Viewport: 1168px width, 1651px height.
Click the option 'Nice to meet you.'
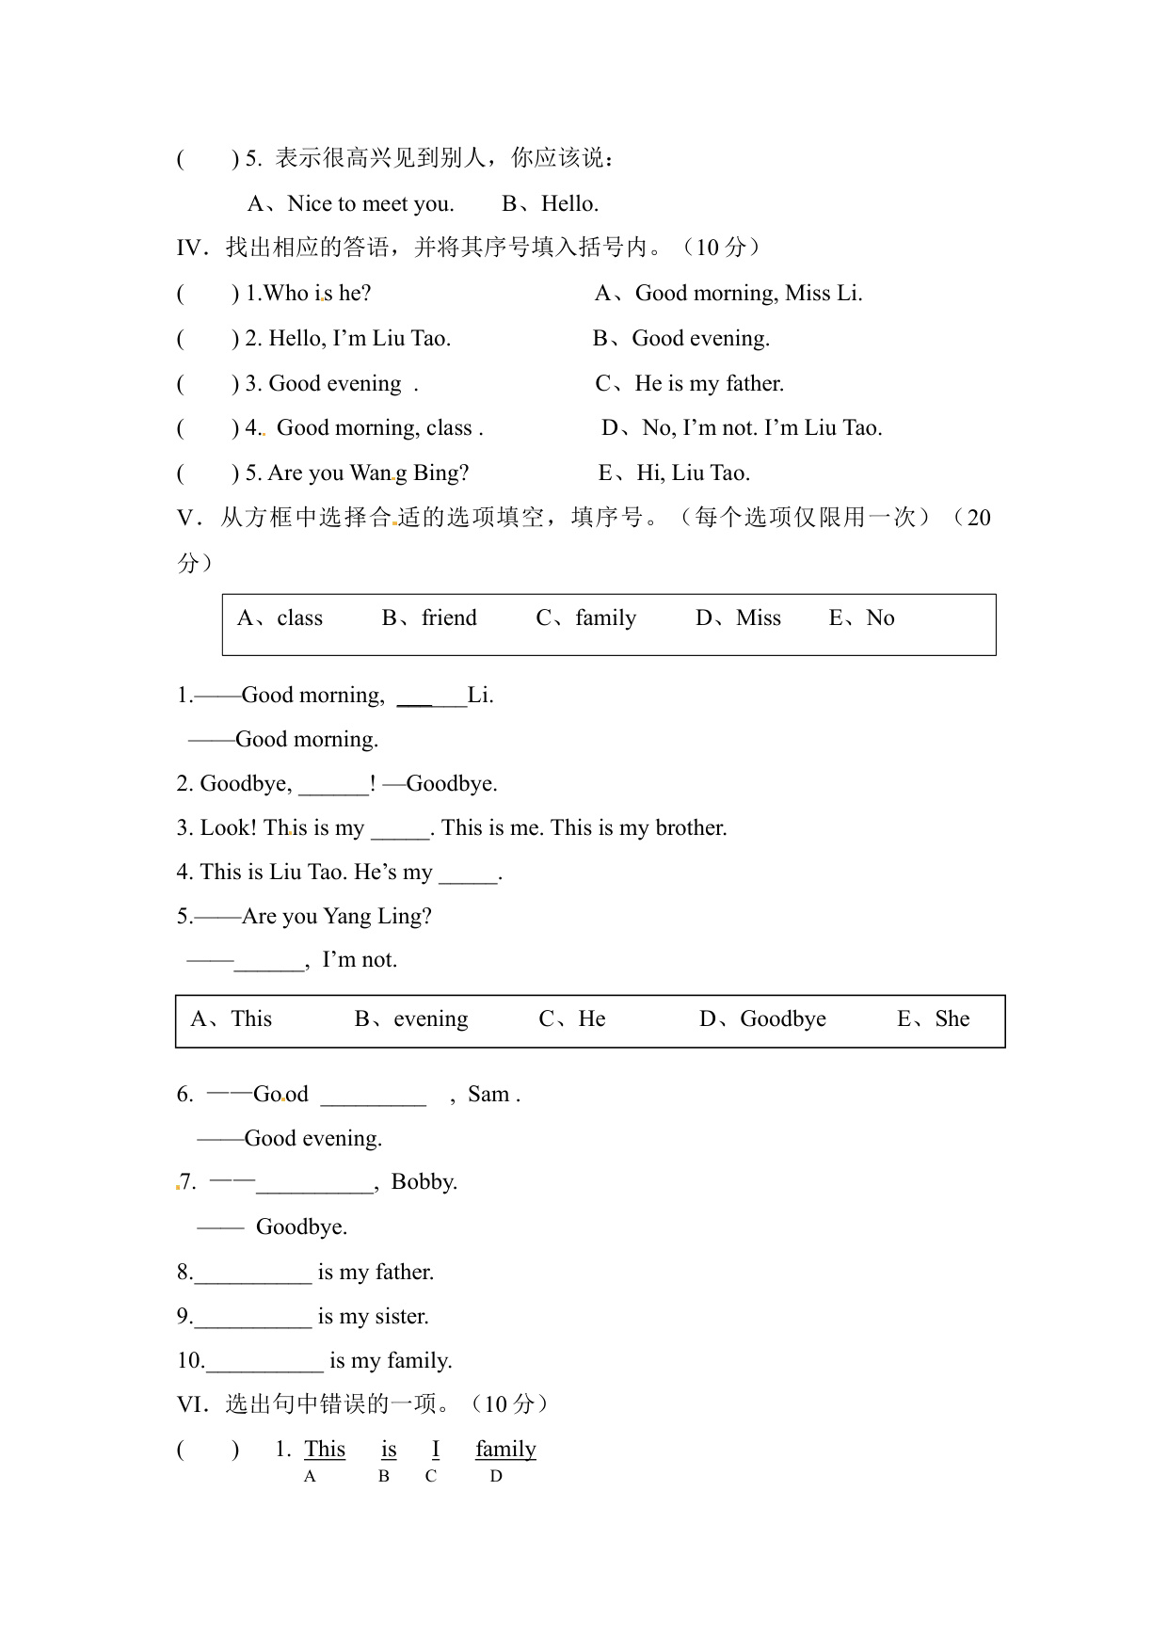click(x=370, y=204)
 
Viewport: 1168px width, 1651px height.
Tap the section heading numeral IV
click(x=190, y=248)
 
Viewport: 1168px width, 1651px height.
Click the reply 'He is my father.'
click(x=709, y=384)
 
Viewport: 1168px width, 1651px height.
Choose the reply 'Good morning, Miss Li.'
click(x=748, y=294)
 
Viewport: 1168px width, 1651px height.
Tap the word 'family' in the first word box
click(x=605, y=618)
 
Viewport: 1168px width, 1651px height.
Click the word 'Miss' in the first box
click(x=758, y=618)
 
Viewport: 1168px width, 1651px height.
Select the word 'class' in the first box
click(x=299, y=618)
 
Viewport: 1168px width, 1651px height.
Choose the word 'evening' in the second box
click(x=430, y=1019)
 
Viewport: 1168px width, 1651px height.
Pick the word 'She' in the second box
click(x=952, y=1019)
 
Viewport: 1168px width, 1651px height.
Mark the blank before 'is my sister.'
click(x=252, y=1318)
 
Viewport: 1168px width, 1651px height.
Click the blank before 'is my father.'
click(x=252, y=1274)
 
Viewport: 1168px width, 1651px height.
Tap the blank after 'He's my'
click(x=468, y=874)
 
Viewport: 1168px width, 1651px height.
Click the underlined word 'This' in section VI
click(x=325, y=1450)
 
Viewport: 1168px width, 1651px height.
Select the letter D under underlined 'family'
click(x=496, y=1477)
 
